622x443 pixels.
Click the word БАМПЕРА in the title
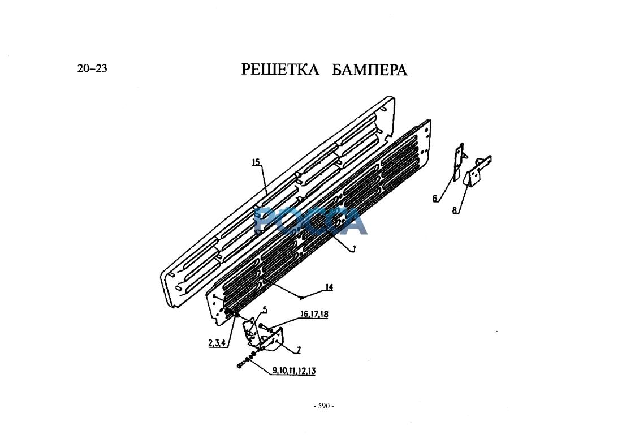point(369,70)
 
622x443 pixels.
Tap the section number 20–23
point(92,68)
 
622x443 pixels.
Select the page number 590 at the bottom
point(323,406)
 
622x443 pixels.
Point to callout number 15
point(256,162)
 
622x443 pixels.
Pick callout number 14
point(329,287)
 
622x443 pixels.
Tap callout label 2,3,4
point(218,343)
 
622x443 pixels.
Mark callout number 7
point(299,350)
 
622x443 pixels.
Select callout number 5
point(265,309)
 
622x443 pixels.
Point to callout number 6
point(435,198)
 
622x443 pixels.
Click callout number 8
point(455,210)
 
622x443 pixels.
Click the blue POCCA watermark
point(311,221)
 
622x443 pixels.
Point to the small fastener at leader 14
point(303,297)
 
